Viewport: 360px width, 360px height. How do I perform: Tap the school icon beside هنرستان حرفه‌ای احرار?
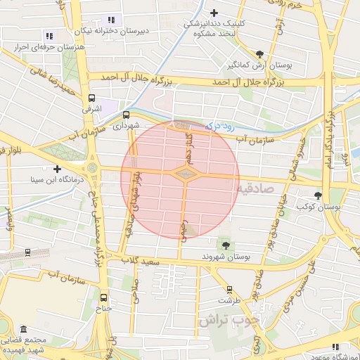click(x=49, y=35)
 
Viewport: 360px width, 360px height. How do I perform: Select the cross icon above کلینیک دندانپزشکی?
click(x=214, y=12)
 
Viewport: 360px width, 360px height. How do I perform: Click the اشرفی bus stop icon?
click(x=91, y=99)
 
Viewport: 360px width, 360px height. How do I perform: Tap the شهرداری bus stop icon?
click(x=127, y=114)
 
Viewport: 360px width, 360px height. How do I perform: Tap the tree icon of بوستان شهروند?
click(x=225, y=245)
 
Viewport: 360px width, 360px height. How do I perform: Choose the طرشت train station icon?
click(x=229, y=289)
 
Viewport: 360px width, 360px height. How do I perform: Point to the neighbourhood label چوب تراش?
click(x=229, y=319)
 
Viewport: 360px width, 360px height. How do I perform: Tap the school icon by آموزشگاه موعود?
click(x=335, y=346)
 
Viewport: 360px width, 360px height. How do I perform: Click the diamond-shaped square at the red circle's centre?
click(x=184, y=173)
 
